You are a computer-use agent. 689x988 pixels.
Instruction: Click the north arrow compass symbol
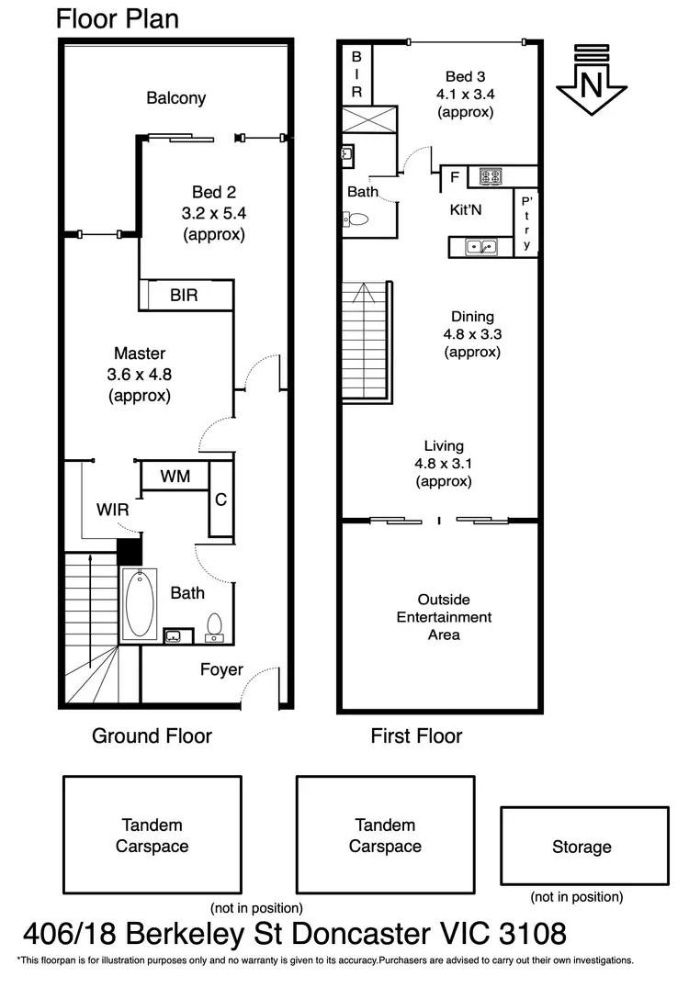pos(591,78)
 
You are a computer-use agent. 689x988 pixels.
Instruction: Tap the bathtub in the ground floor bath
pos(140,602)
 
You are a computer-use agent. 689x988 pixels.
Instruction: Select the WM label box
pos(175,477)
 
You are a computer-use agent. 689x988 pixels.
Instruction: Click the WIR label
pos(112,510)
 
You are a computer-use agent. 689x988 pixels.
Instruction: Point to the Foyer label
pos(221,669)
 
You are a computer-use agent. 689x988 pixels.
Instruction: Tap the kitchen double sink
pos(480,246)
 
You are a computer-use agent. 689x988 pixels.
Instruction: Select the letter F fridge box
pos(454,177)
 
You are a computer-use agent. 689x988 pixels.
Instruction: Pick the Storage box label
pos(582,847)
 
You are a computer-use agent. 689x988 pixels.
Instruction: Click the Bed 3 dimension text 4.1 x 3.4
pos(466,94)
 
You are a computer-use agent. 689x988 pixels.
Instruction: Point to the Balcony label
pos(175,98)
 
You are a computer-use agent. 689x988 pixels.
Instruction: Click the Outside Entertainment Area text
pos(444,617)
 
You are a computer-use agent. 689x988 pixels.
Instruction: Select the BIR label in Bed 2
pos(184,296)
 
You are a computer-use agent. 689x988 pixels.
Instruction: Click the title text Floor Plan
pos(118,18)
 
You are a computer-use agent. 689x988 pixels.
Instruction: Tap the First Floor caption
pos(416,735)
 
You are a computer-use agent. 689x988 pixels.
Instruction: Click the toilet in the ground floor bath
pos(215,625)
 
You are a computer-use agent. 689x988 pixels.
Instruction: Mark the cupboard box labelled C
pos(220,500)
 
